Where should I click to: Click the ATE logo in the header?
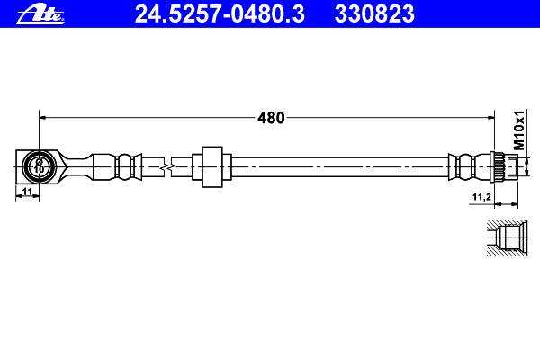coord(40,15)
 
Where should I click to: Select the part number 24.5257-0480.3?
coord(220,14)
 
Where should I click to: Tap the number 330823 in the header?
coord(374,14)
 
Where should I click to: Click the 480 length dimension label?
coord(272,118)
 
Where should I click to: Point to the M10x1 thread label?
coord(519,130)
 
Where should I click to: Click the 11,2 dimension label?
coord(481,197)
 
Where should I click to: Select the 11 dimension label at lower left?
coord(28,192)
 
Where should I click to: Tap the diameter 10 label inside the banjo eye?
coord(39,166)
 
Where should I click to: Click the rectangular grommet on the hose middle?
coord(212,167)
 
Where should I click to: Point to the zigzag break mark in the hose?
coord(167,167)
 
